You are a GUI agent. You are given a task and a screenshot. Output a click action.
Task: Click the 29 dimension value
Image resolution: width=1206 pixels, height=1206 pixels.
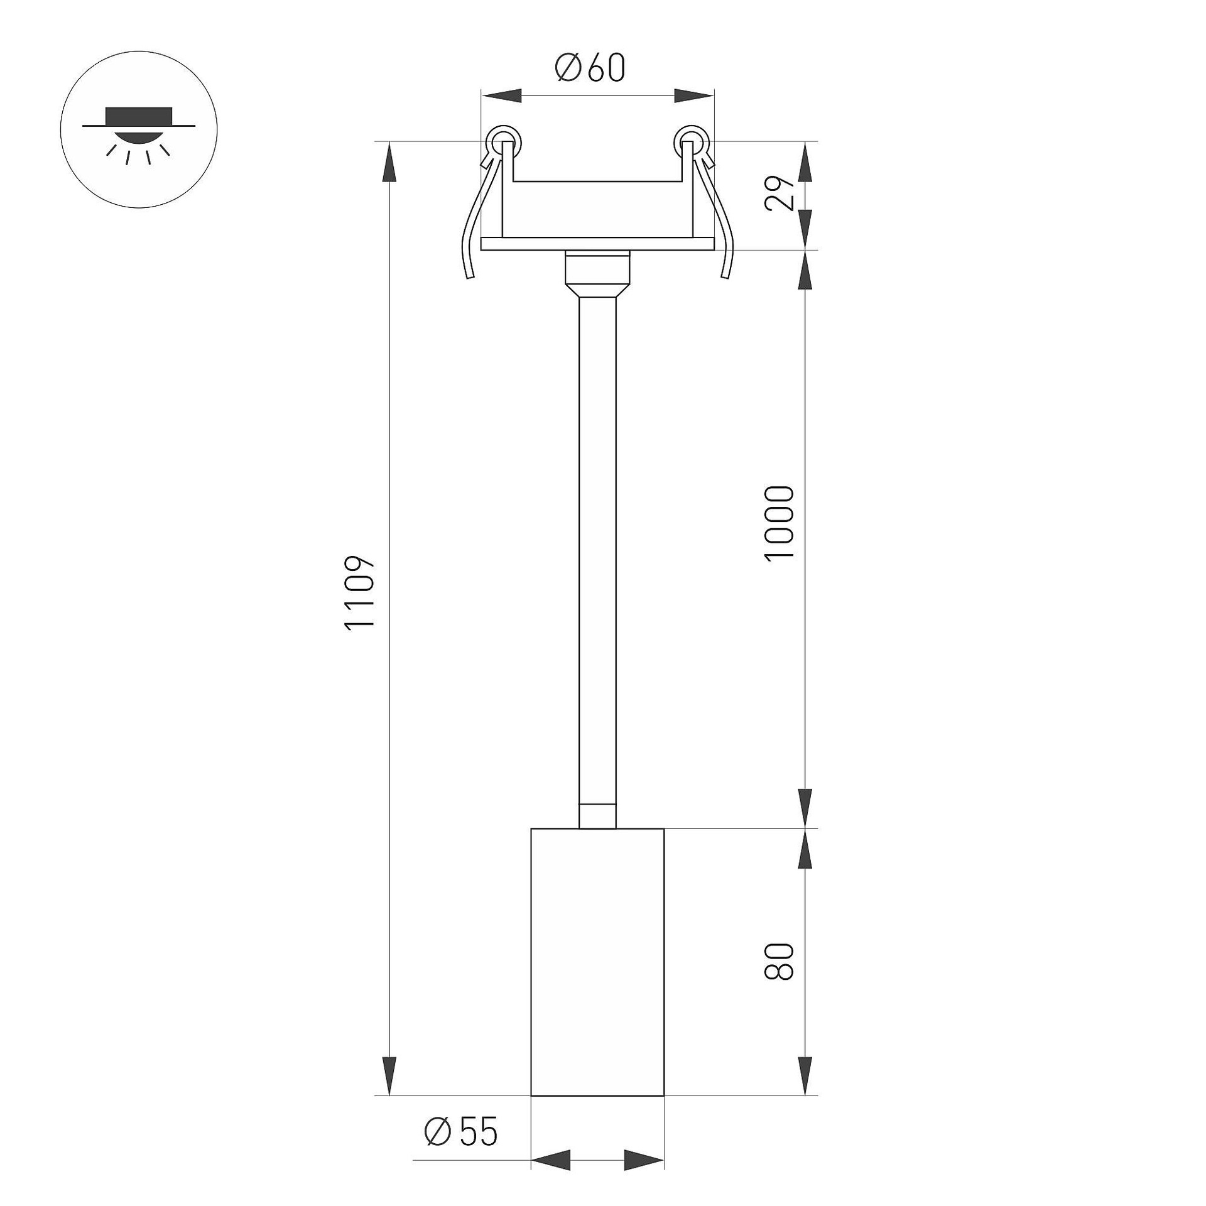781,194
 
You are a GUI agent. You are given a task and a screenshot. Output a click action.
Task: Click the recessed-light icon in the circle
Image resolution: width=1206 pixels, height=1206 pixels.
139,134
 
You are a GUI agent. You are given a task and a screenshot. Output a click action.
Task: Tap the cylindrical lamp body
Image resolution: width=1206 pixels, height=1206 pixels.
597,971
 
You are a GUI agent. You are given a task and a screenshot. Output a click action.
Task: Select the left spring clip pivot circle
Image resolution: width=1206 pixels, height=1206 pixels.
503,141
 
